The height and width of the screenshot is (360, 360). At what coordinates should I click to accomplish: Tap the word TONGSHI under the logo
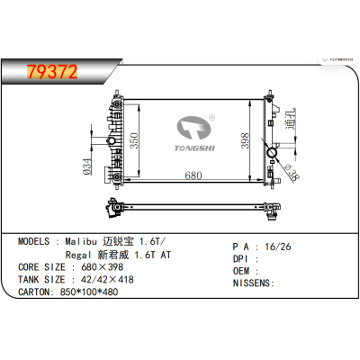193,148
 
